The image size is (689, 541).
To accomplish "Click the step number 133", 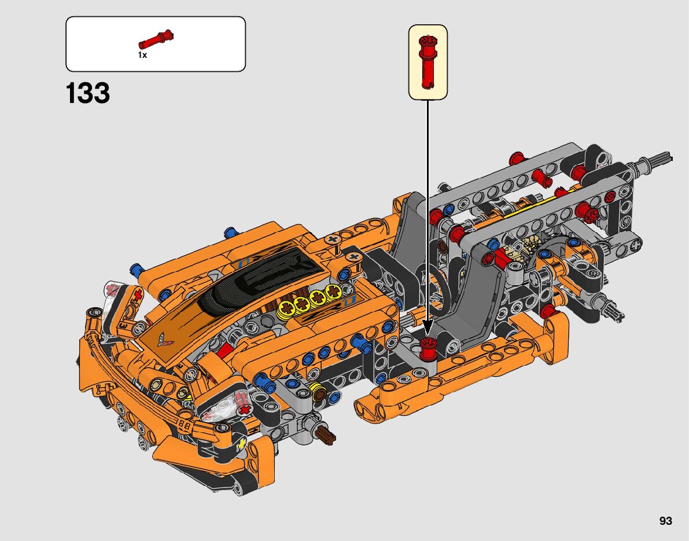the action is pyautogui.click(x=87, y=93).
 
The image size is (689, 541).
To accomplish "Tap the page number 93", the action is pyautogui.click(x=666, y=521).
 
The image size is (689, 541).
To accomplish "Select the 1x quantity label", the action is pyautogui.click(x=142, y=55).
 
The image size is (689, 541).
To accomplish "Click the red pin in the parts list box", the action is pyautogui.click(x=156, y=39).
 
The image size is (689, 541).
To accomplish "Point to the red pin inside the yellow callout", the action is pyautogui.click(x=428, y=62).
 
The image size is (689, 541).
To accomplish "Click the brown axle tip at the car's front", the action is pyautogui.click(x=326, y=435).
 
